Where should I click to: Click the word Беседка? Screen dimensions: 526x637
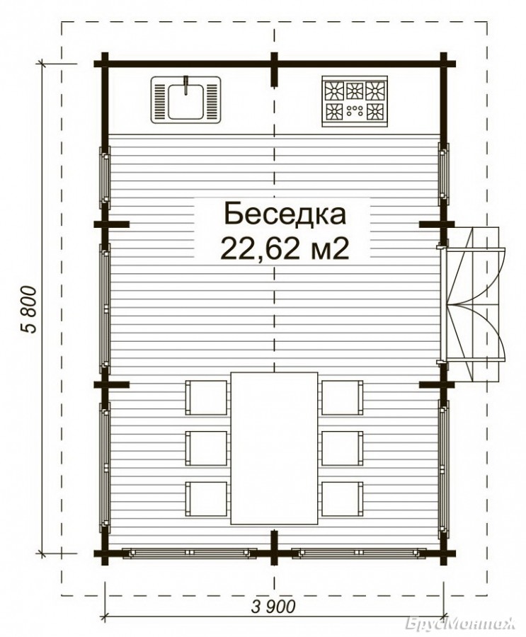click(285, 214)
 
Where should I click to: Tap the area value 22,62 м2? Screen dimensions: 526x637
click(285, 248)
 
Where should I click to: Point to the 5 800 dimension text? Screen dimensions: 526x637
click(29, 309)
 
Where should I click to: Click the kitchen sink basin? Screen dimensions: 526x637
click(185, 101)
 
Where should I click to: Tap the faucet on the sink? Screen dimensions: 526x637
click(186, 85)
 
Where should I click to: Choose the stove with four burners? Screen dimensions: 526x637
click(355, 101)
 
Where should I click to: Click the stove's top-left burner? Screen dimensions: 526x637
click(334, 91)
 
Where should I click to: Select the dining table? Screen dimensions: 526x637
click(274, 448)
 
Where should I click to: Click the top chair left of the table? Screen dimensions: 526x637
click(206, 397)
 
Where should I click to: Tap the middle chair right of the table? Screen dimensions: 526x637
click(342, 448)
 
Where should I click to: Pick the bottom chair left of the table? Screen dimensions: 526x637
click(206, 499)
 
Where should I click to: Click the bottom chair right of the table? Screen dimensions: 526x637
click(342, 499)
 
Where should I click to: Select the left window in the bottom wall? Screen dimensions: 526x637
click(190, 553)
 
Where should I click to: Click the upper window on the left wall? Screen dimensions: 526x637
click(105, 177)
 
